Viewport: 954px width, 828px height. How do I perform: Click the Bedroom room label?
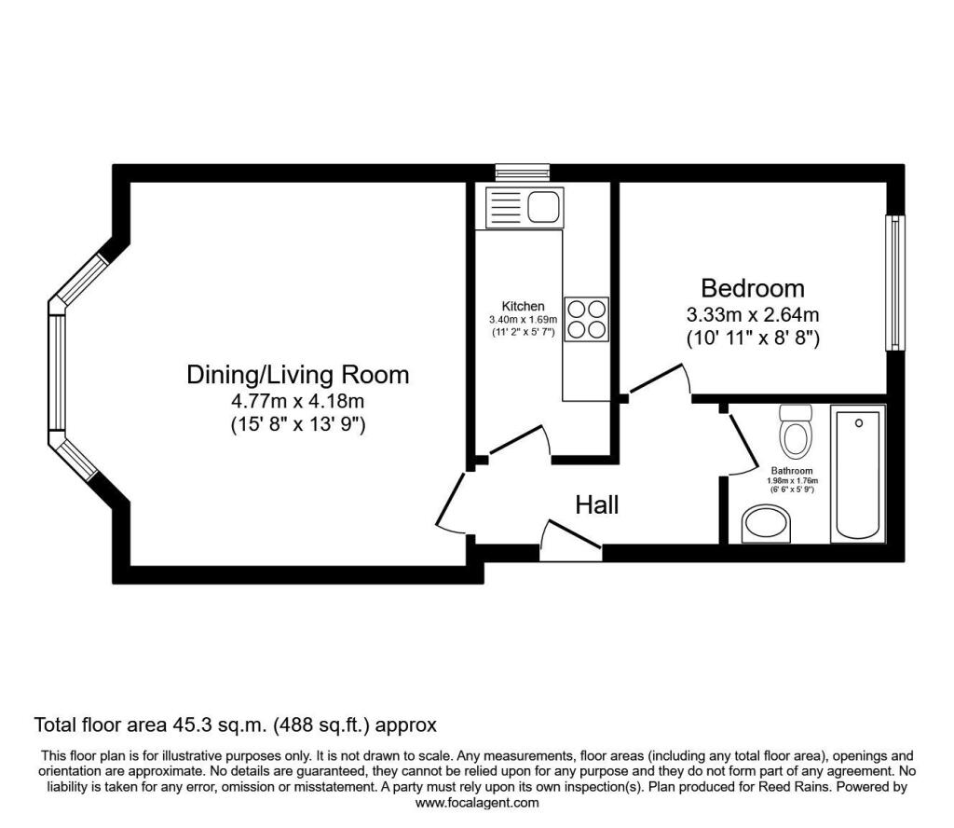[753, 288]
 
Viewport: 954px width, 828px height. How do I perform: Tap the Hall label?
[597, 504]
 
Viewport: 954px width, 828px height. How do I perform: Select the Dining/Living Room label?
[297, 375]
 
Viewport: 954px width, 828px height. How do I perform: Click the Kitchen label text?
[523, 306]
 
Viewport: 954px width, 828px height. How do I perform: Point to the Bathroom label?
[792, 471]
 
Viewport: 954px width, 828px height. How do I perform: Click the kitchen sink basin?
[544, 207]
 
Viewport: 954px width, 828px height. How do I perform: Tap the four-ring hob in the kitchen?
[587, 318]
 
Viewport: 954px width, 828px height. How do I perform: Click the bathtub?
[858, 475]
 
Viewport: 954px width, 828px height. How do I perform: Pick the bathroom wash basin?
[766, 524]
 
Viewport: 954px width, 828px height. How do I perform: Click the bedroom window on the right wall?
[895, 283]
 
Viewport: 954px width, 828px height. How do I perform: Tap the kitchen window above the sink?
[522, 172]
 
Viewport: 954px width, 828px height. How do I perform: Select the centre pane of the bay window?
[57, 373]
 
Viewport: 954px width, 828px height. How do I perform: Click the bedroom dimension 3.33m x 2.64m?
[753, 315]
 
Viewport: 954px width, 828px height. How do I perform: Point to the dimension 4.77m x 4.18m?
[297, 401]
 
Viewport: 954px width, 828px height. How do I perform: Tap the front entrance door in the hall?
[570, 539]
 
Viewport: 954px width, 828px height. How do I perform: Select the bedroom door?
[660, 379]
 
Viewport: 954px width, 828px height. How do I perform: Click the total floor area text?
[236, 725]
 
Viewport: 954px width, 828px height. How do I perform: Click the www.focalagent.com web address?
[477, 803]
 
